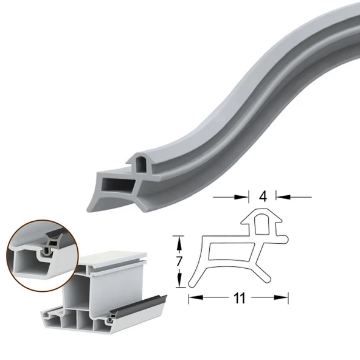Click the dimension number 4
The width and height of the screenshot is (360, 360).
coord(263,196)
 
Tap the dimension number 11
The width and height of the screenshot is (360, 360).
coord(239,298)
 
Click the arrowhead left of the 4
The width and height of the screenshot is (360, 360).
coord(246,196)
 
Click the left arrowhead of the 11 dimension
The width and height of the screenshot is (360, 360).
coord(192,298)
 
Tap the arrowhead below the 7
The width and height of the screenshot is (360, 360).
coord(179,283)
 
